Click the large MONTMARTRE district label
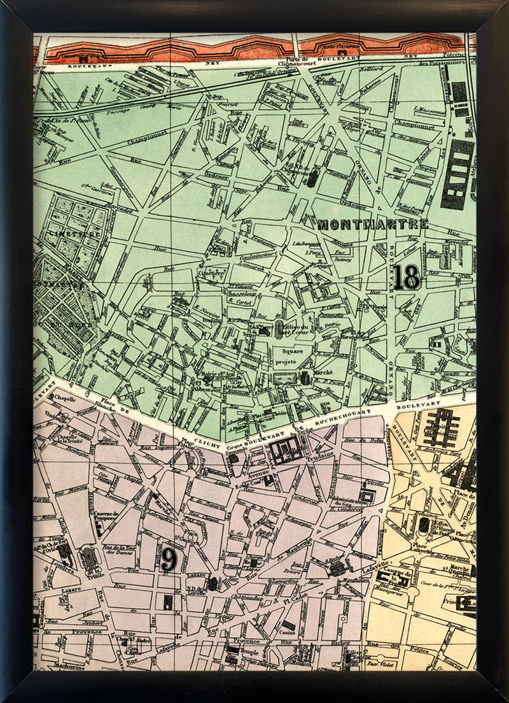(372, 224)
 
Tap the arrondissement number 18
(407, 278)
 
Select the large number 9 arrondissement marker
(168, 560)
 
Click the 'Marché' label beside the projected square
(323, 374)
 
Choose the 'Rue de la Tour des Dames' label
(123, 553)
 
